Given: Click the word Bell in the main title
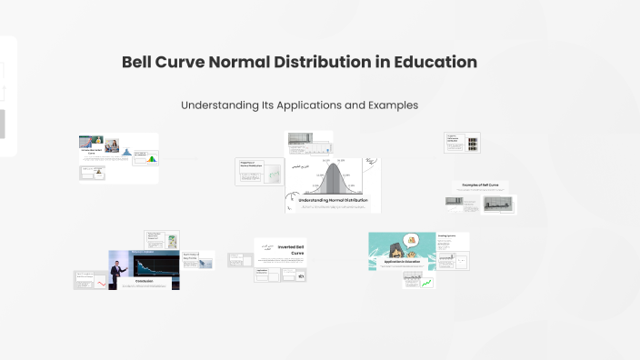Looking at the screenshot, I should [x=143, y=63].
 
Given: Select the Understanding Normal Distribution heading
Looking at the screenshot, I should [x=333, y=199].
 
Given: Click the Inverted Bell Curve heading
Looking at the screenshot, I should [x=291, y=248].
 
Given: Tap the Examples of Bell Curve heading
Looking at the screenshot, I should [x=480, y=185].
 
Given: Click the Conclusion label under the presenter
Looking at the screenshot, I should [x=144, y=281].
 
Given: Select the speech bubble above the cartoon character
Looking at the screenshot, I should [x=411, y=241].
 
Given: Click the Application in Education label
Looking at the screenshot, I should [x=401, y=262].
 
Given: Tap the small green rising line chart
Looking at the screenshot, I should [x=425, y=283].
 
